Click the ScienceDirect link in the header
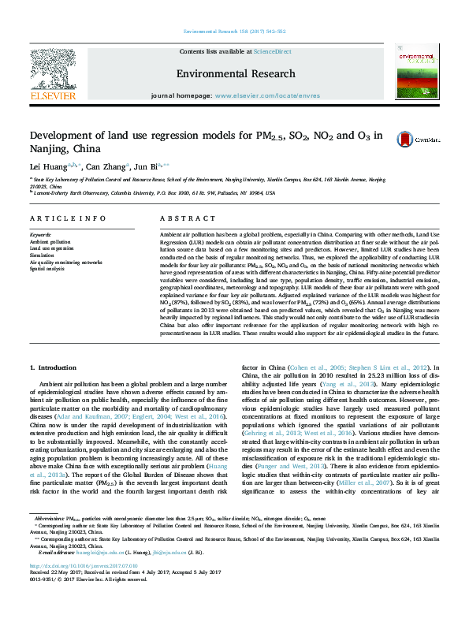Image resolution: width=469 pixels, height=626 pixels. (x=272, y=50)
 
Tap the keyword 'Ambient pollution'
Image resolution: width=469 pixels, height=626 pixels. (x=50, y=241)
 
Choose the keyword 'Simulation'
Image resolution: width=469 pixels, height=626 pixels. (x=43, y=255)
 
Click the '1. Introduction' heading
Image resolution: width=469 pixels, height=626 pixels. (x=53, y=368)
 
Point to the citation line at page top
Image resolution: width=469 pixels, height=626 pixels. (x=234, y=31)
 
